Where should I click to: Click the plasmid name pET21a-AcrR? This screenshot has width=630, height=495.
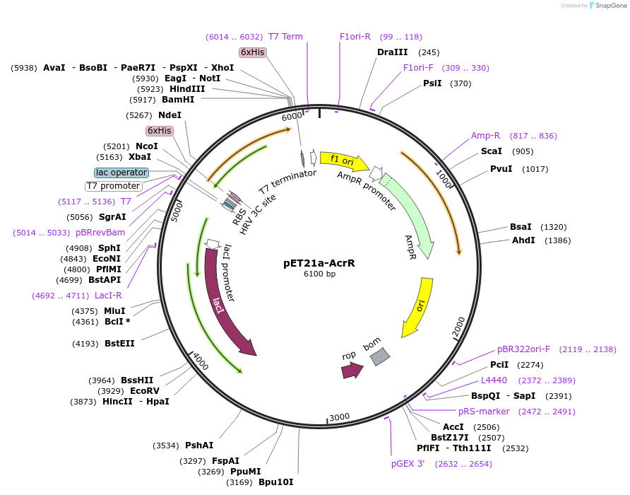[319, 263]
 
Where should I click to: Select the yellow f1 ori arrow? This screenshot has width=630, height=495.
[344, 161]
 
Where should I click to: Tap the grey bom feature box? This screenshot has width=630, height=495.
[380, 356]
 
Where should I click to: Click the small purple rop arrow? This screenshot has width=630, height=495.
[352, 370]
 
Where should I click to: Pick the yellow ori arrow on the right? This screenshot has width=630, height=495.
[418, 307]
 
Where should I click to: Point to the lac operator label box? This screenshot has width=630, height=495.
[121, 173]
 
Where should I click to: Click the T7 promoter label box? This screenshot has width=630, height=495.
[113, 186]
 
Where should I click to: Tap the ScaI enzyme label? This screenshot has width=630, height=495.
[491, 151]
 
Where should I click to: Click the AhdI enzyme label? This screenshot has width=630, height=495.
[523, 240]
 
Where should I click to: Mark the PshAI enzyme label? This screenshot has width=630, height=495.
[199, 445]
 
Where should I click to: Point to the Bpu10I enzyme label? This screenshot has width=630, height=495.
[275, 482]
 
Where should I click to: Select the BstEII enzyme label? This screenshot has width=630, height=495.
[119, 344]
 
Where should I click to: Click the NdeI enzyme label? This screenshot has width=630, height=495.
[170, 115]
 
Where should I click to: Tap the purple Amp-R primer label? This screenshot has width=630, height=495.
[485, 136]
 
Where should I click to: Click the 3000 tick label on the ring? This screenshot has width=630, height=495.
[340, 417]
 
